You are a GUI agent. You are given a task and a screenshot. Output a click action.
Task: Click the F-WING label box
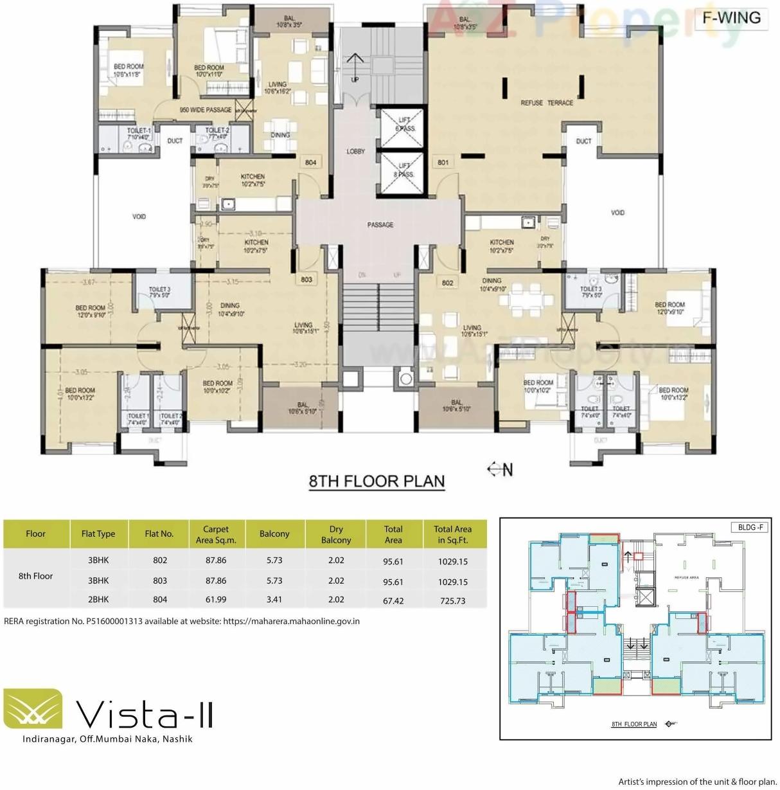[x=731, y=17]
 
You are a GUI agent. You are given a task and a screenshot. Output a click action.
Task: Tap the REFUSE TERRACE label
[x=547, y=103]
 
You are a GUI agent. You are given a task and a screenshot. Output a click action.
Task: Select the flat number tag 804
[x=310, y=163]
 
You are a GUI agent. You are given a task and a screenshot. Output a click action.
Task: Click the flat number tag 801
[x=443, y=163]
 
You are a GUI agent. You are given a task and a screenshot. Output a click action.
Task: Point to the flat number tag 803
[x=306, y=280]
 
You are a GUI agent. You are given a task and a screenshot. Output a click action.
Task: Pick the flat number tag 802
[x=448, y=283]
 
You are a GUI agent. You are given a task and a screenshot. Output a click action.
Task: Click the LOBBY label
[x=355, y=152]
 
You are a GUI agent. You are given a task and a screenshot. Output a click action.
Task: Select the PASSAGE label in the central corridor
[x=380, y=225]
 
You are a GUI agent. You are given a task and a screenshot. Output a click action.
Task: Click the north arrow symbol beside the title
[x=500, y=470]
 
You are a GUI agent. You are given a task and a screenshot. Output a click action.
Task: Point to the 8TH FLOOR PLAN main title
[x=377, y=481]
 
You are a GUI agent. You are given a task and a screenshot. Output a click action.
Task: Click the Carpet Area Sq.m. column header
[x=216, y=534]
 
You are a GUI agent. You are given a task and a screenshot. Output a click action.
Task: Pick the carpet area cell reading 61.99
[x=216, y=600]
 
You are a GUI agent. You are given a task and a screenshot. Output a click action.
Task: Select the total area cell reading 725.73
[x=452, y=601]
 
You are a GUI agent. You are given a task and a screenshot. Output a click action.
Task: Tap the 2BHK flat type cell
[x=98, y=600]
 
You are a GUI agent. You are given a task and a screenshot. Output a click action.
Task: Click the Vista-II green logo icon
[x=33, y=709]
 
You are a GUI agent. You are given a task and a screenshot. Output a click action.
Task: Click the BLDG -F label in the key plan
[x=750, y=528]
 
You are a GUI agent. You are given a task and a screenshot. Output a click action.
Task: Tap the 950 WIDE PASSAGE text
[x=206, y=110]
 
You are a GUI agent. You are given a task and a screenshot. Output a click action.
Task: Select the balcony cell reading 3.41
[x=274, y=600]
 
